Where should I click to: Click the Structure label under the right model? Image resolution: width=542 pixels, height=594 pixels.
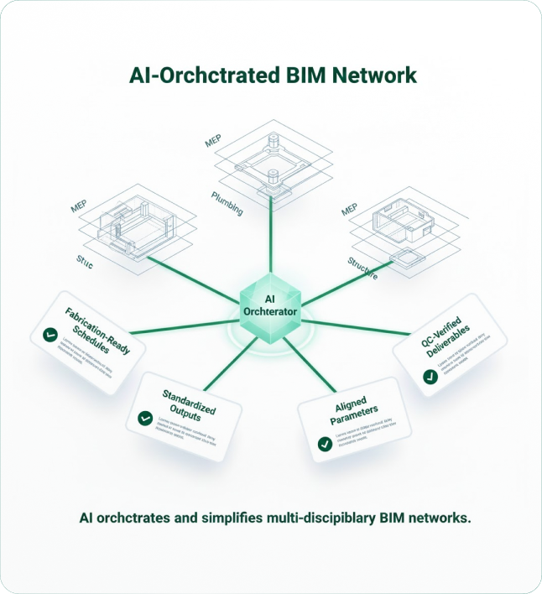tap(362, 268)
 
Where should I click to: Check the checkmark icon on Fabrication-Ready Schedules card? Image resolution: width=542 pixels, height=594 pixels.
tap(50, 336)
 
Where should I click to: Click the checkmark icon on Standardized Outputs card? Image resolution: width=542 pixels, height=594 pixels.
tap(145, 416)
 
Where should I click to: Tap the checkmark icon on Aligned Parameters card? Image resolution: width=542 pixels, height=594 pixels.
tap(324, 444)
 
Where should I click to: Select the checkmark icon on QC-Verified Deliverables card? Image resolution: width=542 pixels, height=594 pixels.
tap(430, 378)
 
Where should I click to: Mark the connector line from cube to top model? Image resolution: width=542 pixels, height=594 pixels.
tap(270, 239)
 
